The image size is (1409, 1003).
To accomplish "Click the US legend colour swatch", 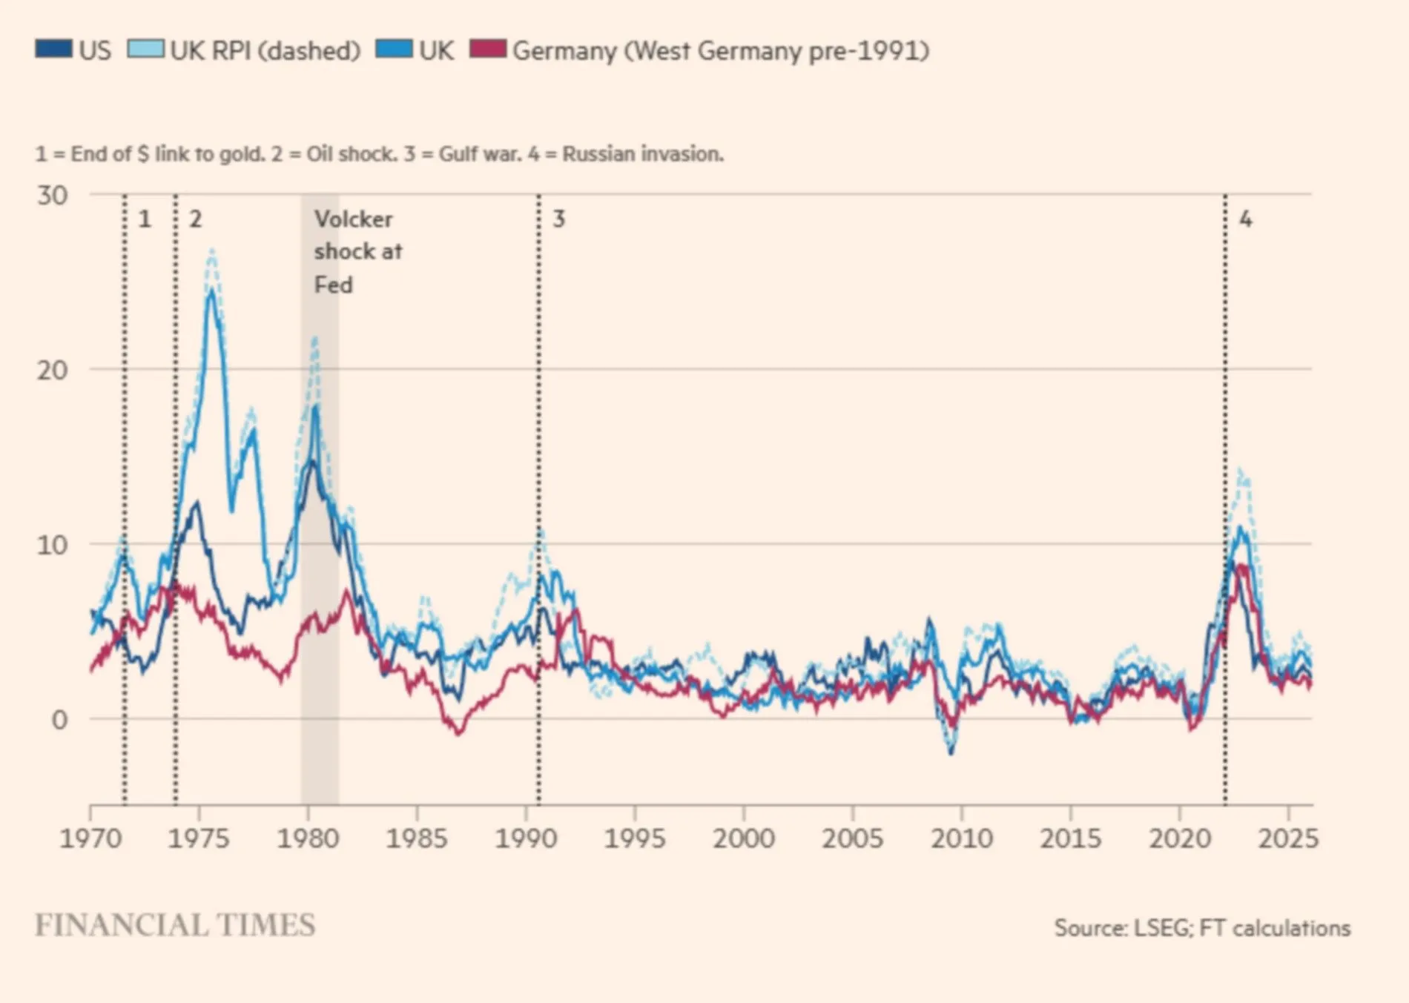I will [53, 49].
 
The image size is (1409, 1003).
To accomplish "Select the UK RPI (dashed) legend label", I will [265, 50].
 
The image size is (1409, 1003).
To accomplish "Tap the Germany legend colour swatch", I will [488, 49].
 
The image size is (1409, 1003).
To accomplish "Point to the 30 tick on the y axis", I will [52, 196].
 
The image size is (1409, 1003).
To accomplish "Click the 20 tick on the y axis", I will [52, 369].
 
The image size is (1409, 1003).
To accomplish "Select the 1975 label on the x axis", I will [199, 838].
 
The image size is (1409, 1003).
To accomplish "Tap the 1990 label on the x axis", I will [526, 838].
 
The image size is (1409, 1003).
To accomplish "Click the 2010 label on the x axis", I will [961, 838].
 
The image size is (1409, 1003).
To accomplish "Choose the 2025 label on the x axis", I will [1288, 838].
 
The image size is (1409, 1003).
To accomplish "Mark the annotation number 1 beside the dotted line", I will [145, 219].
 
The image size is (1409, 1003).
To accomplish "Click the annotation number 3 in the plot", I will [559, 219].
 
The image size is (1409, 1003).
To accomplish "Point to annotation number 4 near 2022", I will [1246, 219].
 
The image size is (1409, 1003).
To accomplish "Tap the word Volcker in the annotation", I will [353, 219].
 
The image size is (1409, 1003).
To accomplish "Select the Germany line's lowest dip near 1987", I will [459, 733].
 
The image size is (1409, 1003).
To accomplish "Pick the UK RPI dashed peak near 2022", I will [1240, 469].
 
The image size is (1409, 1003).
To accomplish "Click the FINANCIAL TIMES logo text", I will [175, 925].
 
